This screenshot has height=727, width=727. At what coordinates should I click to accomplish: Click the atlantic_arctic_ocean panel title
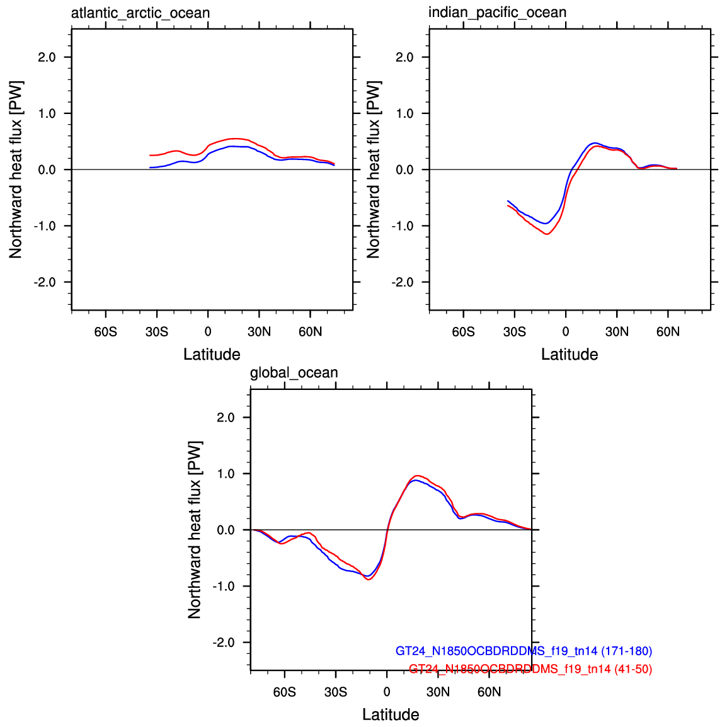[x=140, y=13]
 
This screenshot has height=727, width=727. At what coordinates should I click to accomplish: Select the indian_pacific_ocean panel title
[x=497, y=13]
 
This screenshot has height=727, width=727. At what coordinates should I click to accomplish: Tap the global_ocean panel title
[x=294, y=373]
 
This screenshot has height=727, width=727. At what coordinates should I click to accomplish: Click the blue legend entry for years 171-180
[x=524, y=651]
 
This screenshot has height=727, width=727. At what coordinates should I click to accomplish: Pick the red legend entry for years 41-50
[x=530, y=669]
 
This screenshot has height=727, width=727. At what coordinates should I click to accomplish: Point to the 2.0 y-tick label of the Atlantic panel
[x=47, y=57]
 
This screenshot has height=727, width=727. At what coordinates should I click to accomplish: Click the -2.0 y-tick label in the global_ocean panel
[x=223, y=643]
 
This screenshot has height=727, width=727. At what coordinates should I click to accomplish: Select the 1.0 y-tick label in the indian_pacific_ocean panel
[x=404, y=113]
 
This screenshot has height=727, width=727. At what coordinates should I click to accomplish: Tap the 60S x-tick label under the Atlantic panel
[x=105, y=332]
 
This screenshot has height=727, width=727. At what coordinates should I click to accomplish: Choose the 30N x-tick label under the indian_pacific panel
[x=617, y=332]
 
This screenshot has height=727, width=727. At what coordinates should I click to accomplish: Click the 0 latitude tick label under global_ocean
[x=387, y=692]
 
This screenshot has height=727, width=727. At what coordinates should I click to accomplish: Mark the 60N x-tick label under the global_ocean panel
[x=489, y=692]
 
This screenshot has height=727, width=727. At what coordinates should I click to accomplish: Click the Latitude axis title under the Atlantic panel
[x=212, y=354]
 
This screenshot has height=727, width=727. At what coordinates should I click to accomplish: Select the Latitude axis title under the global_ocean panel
[x=391, y=714]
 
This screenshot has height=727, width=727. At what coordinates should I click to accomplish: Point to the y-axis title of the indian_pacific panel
[x=374, y=169]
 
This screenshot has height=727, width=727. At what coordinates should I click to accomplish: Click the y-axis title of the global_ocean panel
[x=195, y=529]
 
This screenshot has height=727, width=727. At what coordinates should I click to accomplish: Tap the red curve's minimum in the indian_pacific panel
[x=547, y=234]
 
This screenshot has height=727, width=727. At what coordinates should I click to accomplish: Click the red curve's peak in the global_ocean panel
[x=417, y=476]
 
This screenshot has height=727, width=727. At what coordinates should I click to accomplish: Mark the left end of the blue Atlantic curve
[x=150, y=168]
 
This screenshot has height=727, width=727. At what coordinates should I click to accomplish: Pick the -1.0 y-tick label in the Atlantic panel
[x=45, y=226]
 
